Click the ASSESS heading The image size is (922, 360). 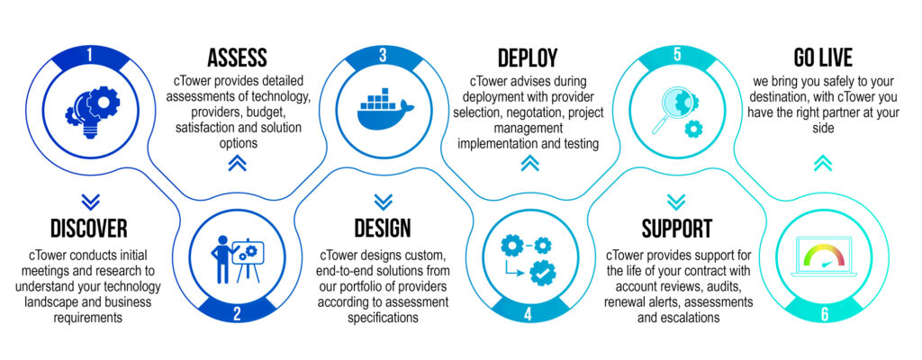237,58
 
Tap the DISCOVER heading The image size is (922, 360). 89,228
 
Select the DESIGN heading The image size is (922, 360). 383,228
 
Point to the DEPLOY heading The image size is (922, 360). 528,58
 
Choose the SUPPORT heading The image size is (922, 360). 677,228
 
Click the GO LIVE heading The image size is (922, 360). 822,58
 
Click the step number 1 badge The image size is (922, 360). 90,55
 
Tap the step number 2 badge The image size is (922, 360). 236,313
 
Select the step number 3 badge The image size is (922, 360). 383,55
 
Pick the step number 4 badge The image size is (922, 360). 529,313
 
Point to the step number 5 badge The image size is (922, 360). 675,55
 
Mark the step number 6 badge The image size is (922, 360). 822,313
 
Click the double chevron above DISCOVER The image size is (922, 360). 90,201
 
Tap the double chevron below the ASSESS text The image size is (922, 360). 236,162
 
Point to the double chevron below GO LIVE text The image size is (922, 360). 822,162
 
